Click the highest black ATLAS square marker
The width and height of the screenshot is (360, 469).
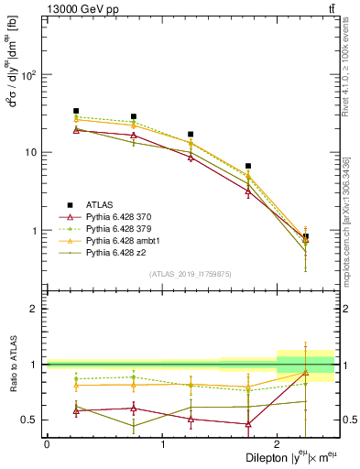pyautogui.click(x=76, y=111)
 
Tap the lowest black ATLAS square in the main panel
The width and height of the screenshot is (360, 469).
pyautogui.click(x=305, y=236)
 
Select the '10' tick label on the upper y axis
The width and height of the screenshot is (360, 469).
pyautogui.click(x=30, y=153)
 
